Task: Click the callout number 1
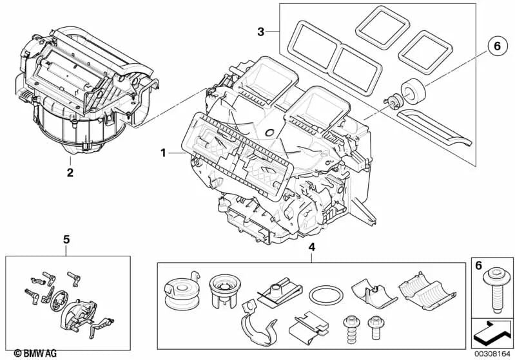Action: [x=164, y=153]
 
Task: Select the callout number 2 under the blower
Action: [x=70, y=172]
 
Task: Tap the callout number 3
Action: [x=260, y=31]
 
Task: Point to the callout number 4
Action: [x=311, y=247]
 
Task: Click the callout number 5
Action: [x=66, y=240]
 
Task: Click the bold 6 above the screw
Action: [x=478, y=265]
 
